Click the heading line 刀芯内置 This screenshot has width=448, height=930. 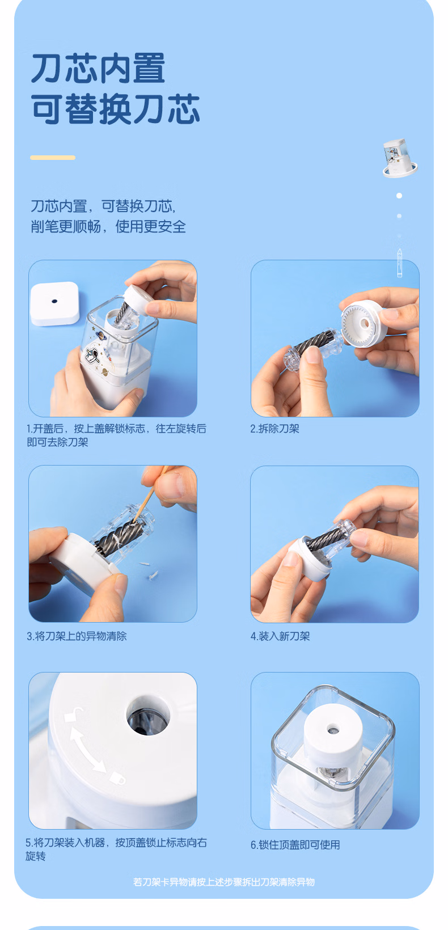coord(99,69)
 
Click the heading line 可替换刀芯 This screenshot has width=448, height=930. coord(116,109)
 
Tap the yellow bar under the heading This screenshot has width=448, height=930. coord(53,158)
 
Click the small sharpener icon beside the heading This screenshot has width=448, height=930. coord(399,158)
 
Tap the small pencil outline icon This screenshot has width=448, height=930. coord(399,263)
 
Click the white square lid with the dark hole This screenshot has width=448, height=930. coord(54,303)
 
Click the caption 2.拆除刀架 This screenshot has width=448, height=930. coord(275,429)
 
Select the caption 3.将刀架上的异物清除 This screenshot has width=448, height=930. coord(77,636)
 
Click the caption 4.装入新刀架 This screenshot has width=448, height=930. coord(280,636)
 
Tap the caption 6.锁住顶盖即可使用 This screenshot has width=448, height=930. coord(295,845)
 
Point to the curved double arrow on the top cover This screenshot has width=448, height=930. coord(85,747)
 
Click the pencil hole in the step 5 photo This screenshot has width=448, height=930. coord(148,715)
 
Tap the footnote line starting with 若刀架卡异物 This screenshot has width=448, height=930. coord(224,882)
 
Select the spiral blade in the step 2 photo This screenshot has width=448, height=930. coord(314,345)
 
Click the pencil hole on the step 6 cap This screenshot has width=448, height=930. coord(332,730)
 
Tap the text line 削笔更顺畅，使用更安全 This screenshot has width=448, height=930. coord(108,227)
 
